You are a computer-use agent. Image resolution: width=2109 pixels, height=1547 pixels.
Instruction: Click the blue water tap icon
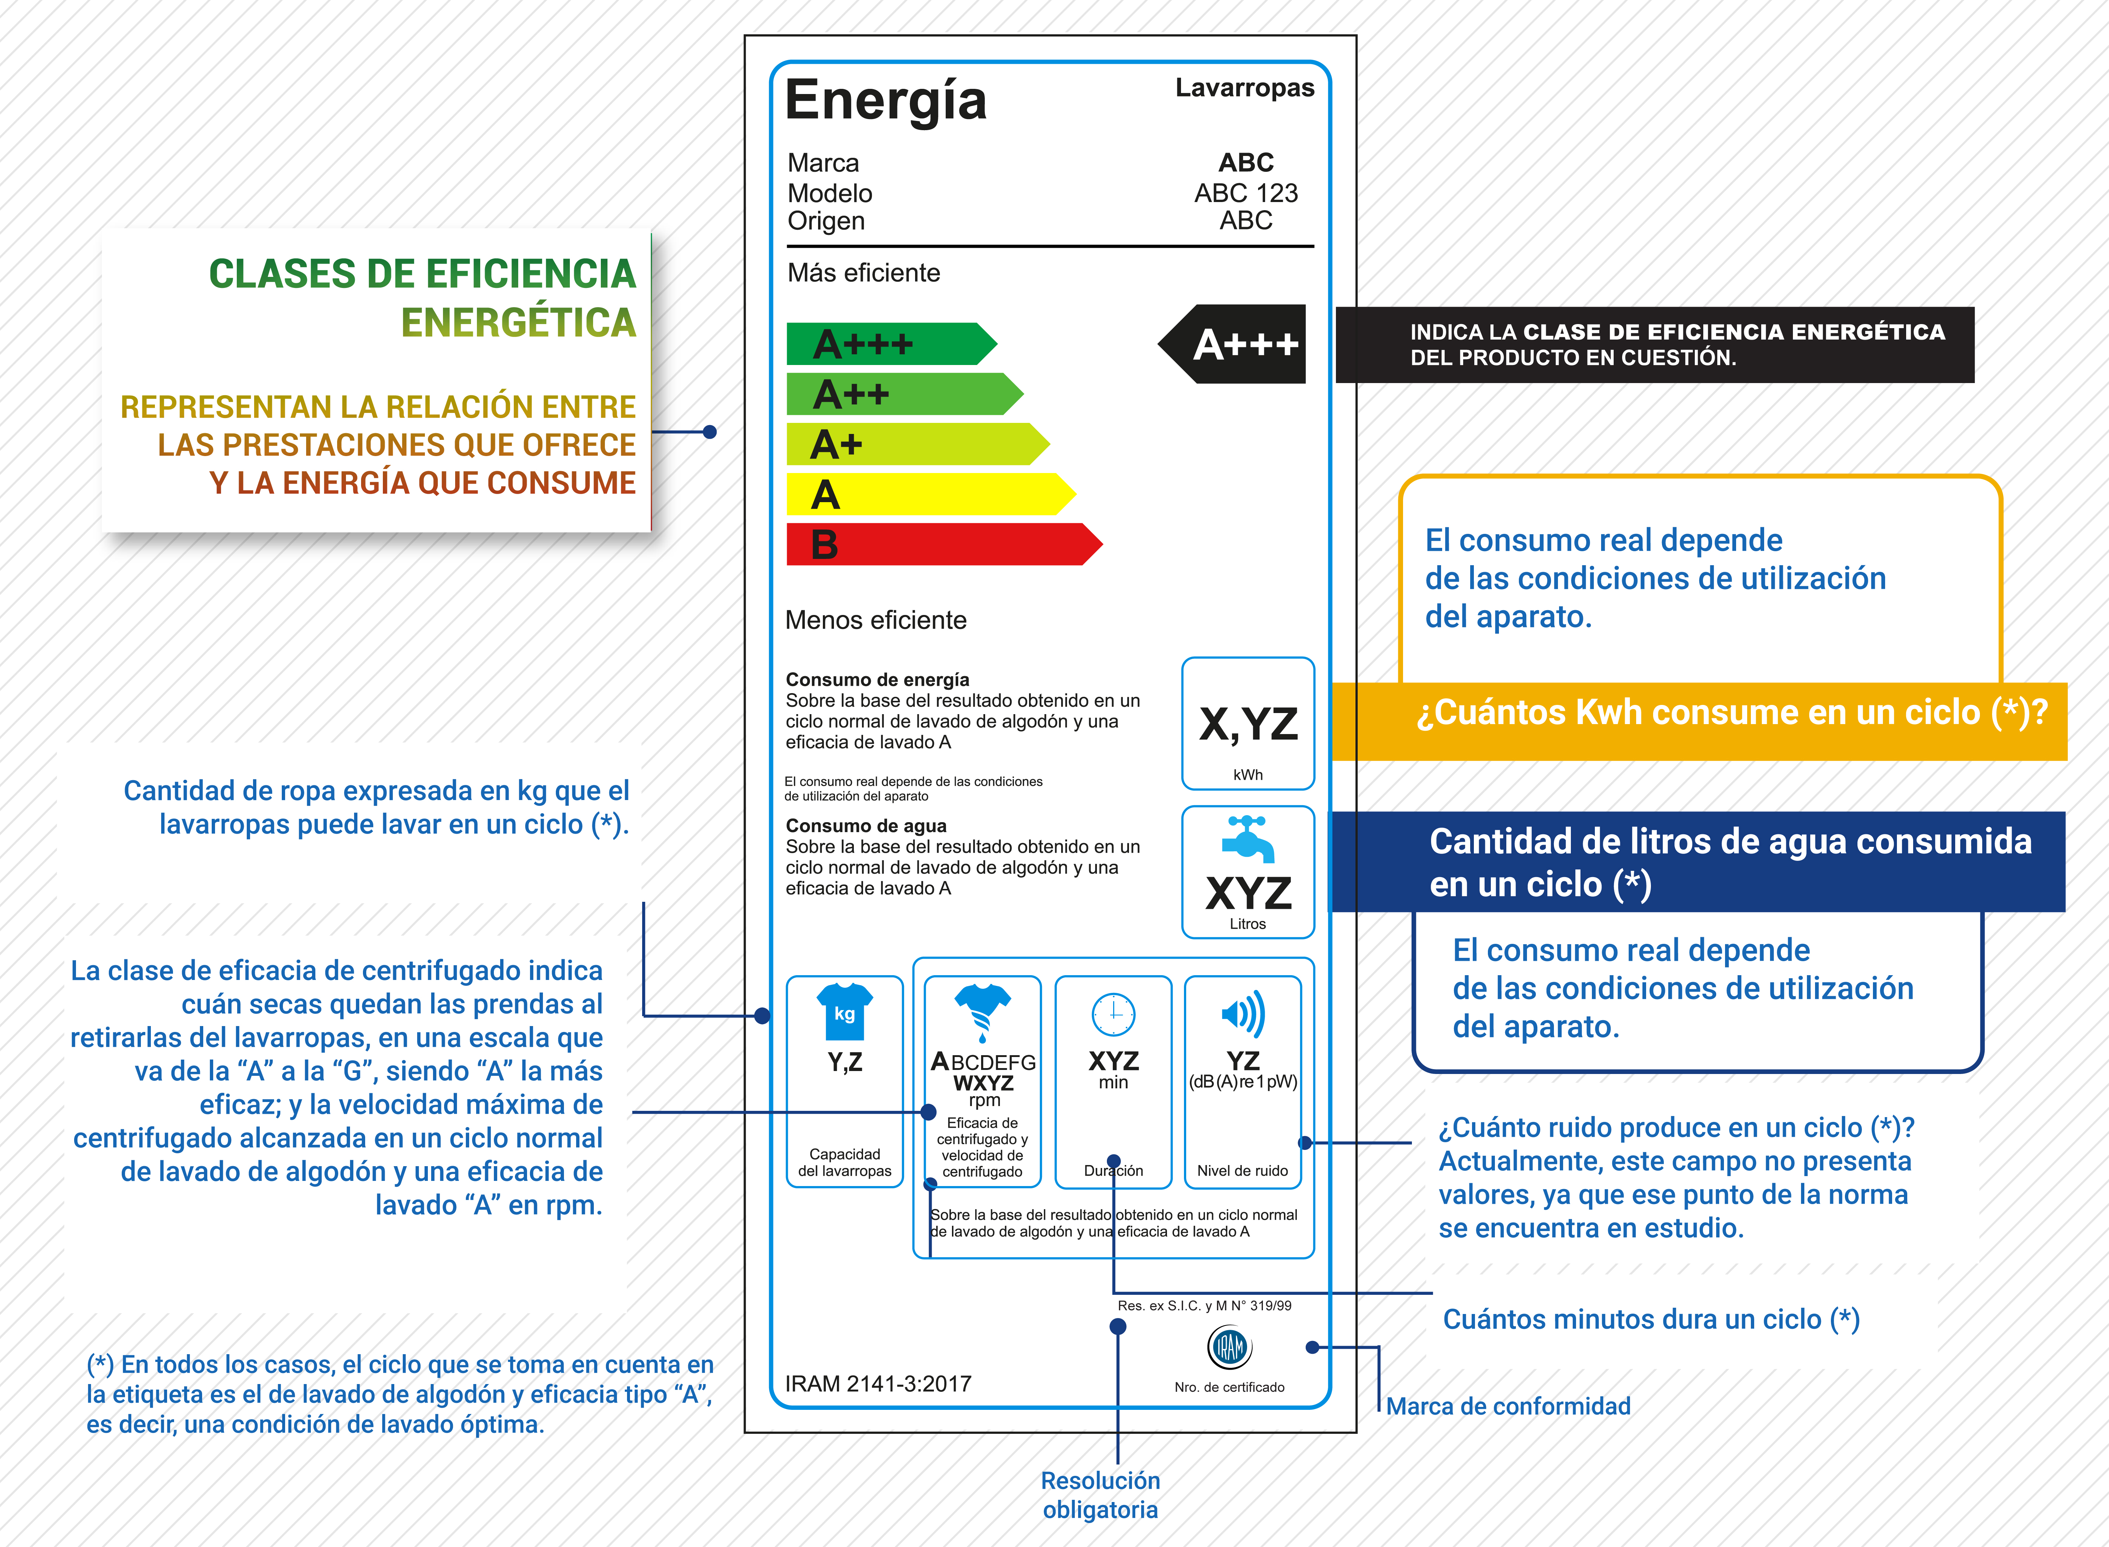click(1248, 838)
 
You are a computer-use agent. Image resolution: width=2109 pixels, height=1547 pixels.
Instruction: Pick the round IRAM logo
click(1229, 1348)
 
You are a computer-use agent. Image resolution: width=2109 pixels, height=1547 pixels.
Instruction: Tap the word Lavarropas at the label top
click(1244, 88)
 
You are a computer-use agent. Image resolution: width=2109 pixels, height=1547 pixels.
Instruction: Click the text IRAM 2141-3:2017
click(878, 1383)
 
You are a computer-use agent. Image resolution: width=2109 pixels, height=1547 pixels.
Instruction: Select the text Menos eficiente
click(875, 620)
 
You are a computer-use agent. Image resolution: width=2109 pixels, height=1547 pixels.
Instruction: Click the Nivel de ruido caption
click(1242, 1171)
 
